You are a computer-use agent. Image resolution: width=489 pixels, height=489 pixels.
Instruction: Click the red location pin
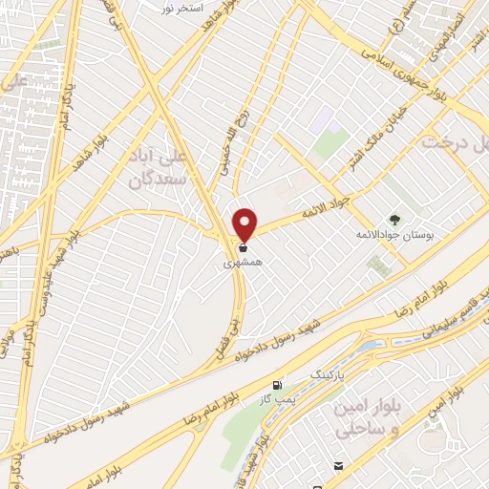(245, 223)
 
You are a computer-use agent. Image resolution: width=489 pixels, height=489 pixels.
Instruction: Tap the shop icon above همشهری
(245, 246)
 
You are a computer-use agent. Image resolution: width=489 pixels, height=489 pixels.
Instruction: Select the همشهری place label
(244, 260)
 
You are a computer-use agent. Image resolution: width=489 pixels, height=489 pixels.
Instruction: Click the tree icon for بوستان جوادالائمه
(394, 221)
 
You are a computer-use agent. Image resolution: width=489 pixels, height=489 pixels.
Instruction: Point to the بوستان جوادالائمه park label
(393, 235)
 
